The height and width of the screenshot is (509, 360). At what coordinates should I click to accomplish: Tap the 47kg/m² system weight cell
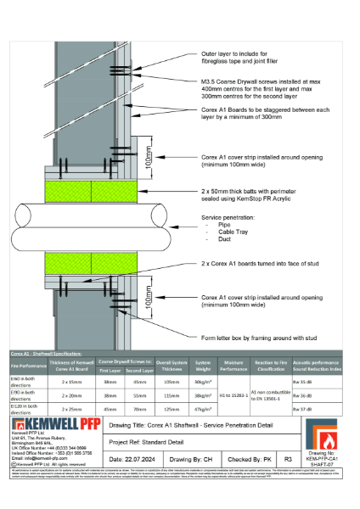click(x=203, y=408)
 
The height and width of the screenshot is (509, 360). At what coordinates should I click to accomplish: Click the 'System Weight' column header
click(x=203, y=366)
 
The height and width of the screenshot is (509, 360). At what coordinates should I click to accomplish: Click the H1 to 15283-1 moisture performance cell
click(x=233, y=395)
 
